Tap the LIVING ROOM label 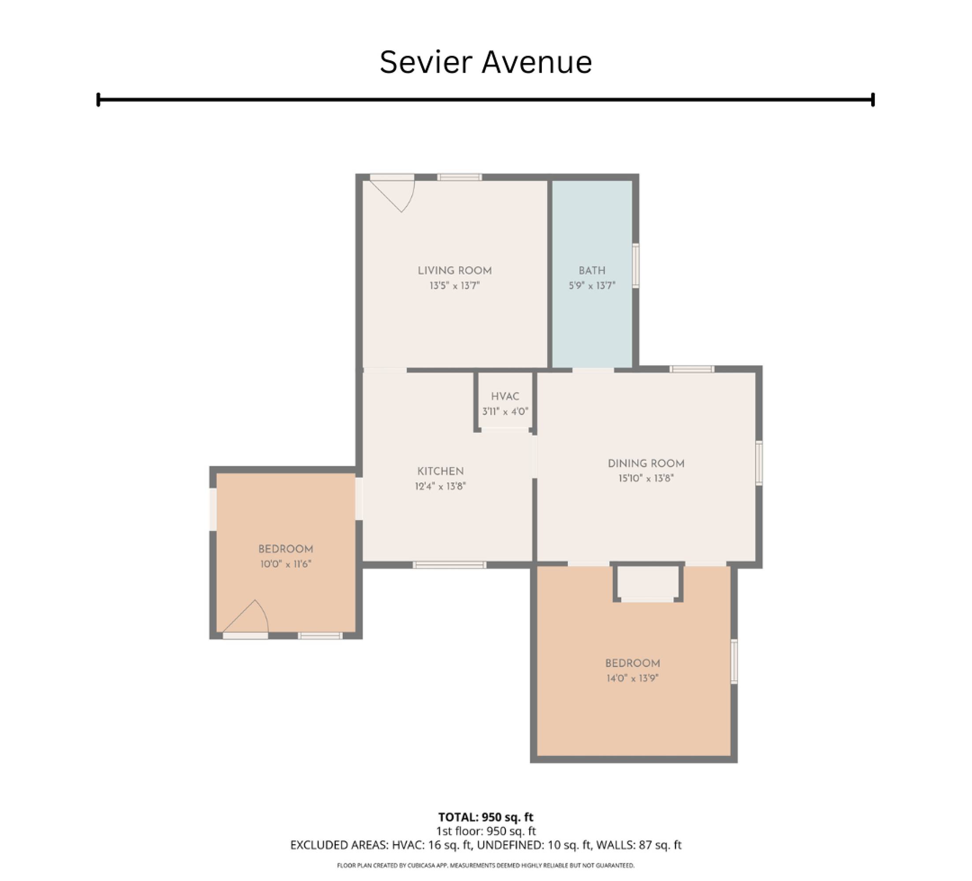tap(455, 270)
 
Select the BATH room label tap(592, 270)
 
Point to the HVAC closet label tap(505, 396)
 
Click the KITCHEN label tap(440, 471)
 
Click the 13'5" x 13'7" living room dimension tap(455, 285)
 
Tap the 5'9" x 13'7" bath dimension tap(592, 285)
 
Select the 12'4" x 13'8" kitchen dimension tap(440, 486)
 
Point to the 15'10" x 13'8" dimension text tap(646, 478)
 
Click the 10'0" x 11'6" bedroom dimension tap(286, 563)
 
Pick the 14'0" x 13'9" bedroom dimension tap(632, 677)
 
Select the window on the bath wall tap(635, 266)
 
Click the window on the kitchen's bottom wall tap(449, 564)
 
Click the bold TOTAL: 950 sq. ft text tap(486, 816)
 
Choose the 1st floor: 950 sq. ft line tap(486, 830)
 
